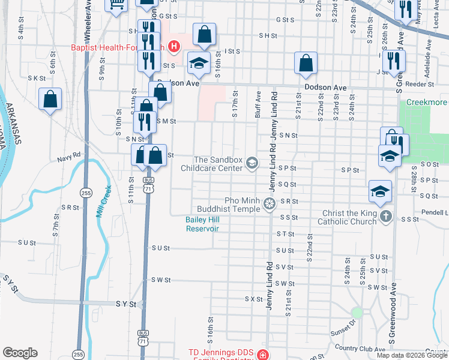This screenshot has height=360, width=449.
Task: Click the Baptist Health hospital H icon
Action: click(x=174, y=46)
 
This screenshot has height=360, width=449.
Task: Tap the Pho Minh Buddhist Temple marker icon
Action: click(x=270, y=204)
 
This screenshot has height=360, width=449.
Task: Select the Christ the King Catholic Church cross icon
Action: click(x=385, y=216)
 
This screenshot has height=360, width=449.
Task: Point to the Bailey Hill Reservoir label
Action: click(x=201, y=224)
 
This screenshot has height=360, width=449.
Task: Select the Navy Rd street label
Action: click(x=68, y=159)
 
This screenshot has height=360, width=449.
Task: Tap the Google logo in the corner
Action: click(x=20, y=353)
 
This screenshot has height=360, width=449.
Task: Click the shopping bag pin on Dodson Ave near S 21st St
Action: click(x=306, y=65)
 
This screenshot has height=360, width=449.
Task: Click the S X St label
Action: click(x=254, y=298)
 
